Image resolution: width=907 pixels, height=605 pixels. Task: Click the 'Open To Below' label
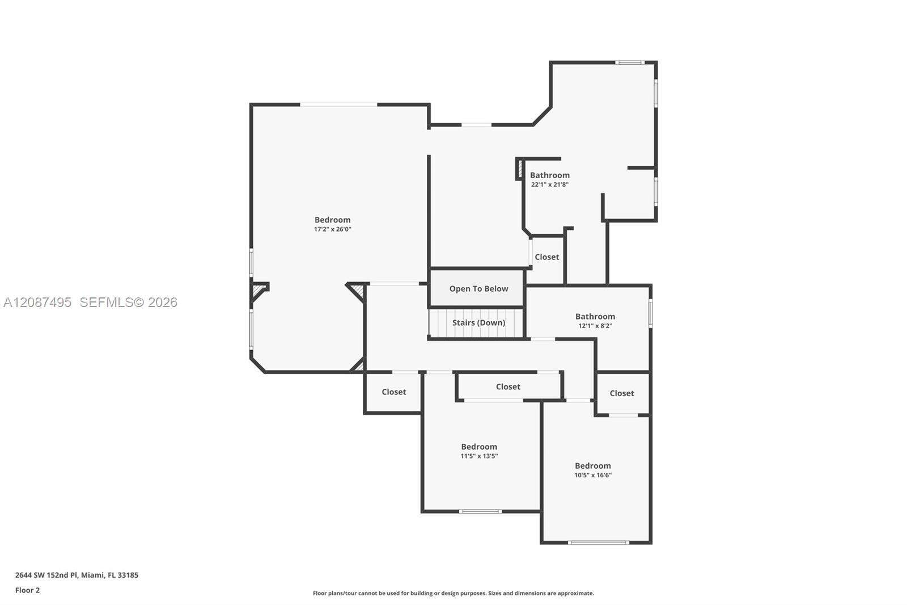[x=478, y=289]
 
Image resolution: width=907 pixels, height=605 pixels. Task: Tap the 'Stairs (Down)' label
[x=478, y=323]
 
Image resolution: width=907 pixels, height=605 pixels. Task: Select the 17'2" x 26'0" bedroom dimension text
[x=332, y=229]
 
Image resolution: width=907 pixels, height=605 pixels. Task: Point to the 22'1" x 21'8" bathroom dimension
[x=550, y=184]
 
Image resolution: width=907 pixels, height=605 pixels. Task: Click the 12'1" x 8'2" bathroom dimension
[x=595, y=326]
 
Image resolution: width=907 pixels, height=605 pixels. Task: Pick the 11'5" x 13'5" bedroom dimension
[x=479, y=456]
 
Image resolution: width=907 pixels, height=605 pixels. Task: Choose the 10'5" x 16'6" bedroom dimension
[x=593, y=475]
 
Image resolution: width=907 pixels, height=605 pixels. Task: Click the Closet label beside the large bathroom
[x=546, y=257]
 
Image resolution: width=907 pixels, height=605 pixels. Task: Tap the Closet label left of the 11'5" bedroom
[x=393, y=392]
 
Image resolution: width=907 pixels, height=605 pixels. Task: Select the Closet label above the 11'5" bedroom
[x=508, y=387]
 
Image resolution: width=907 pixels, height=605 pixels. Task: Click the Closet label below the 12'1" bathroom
[x=622, y=393]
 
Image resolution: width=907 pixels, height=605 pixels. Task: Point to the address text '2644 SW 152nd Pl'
[x=46, y=575]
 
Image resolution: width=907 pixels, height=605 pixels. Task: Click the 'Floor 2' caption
[x=28, y=590]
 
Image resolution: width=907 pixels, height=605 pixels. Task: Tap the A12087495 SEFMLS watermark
[x=90, y=302]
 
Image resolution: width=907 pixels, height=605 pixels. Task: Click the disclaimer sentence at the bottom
[x=453, y=593]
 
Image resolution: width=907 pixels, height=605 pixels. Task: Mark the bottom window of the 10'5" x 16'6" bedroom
[x=599, y=543]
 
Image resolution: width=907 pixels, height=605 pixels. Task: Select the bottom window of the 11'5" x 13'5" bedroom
[x=480, y=511]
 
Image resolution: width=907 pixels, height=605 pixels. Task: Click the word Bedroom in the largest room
[x=332, y=220]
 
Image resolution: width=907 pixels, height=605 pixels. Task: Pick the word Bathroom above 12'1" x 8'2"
[x=595, y=316]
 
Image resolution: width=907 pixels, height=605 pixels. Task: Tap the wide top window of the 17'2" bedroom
[x=338, y=105]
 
